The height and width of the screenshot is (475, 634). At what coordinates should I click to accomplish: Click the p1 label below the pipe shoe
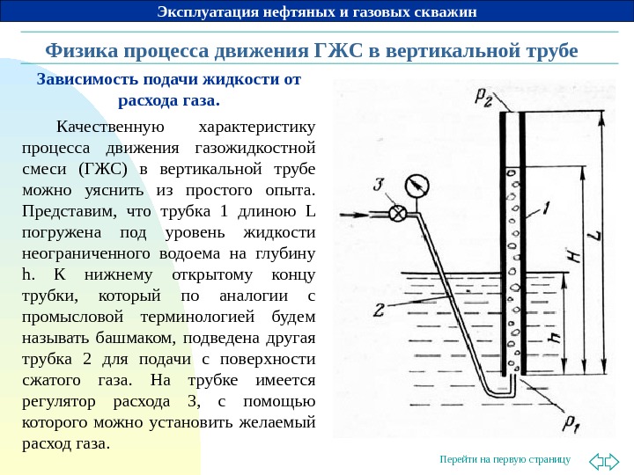[x=571, y=427]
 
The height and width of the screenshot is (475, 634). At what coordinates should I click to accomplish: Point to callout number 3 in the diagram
[x=379, y=186]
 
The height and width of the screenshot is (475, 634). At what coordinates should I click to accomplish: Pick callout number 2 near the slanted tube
[x=378, y=311]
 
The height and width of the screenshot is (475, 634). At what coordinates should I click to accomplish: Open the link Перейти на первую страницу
[x=504, y=459]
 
